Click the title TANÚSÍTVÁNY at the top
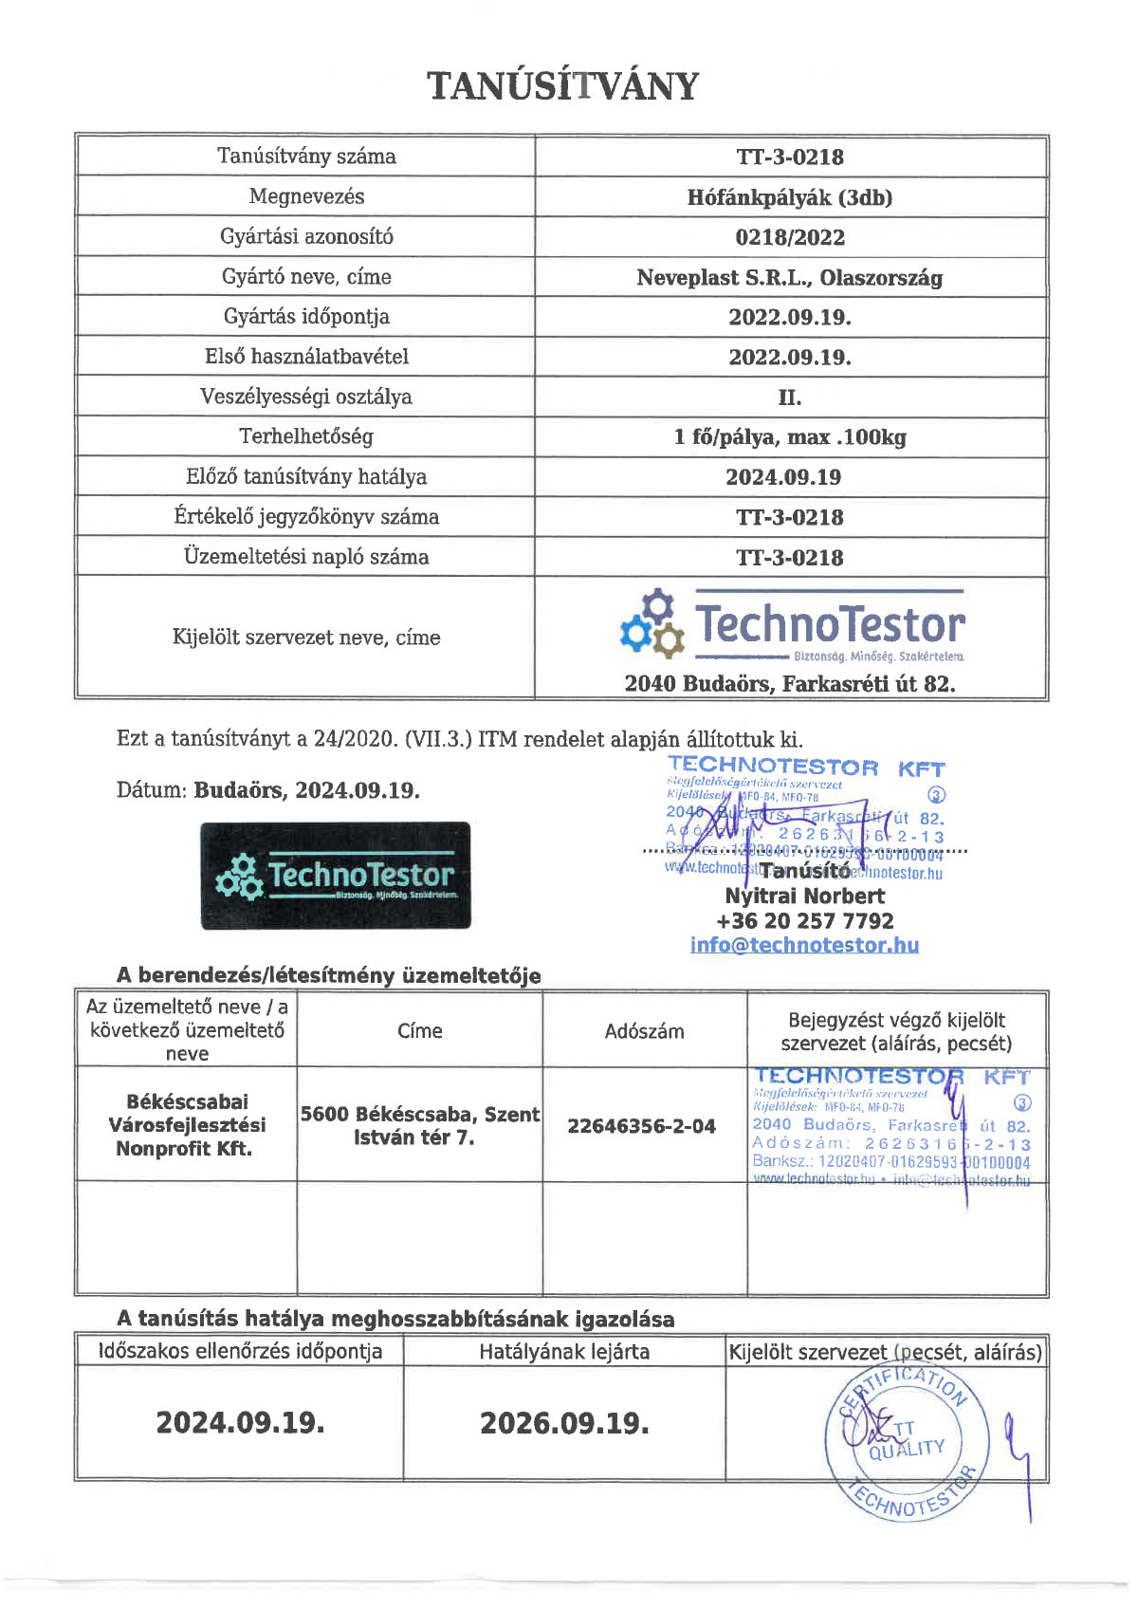(x=563, y=85)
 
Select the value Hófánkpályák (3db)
(x=790, y=197)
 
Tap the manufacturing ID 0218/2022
(x=790, y=237)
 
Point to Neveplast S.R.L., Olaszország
(x=790, y=278)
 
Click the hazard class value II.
(x=790, y=398)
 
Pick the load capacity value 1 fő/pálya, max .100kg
(x=790, y=437)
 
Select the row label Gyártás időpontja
(x=306, y=317)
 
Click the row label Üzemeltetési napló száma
(x=306, y=557)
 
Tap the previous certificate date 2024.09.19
(x=783, y=477)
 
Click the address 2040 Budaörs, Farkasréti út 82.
(x=790, y=684)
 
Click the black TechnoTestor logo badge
(x=336, y=876)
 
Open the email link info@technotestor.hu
(x=804, y=945)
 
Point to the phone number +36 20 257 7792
(x=804, y=920)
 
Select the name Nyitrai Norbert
(x=804, y=896)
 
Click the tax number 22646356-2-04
(x=641, y=1126)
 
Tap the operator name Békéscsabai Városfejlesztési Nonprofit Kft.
(x=186, y=1125)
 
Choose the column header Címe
(x=419, y=1030)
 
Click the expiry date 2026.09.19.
(x=564, y=1423)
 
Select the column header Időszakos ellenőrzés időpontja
(x=240, y=1351)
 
